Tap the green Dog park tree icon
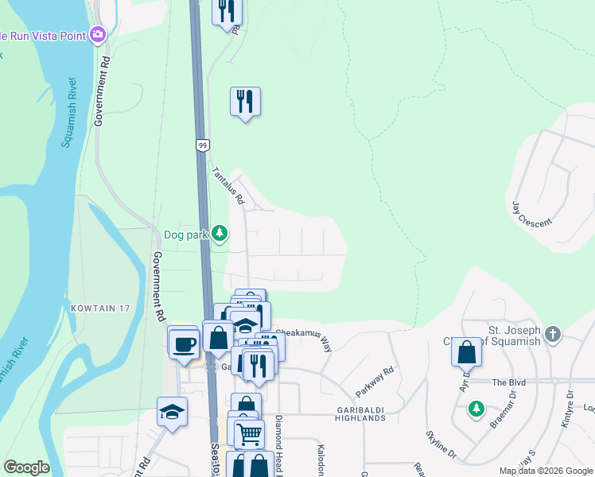[220, 234]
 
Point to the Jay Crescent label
[531, 213]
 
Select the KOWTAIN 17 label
[99, 307]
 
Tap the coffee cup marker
[183, 344]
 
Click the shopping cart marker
[250, 433]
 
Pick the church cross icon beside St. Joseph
[553, 335]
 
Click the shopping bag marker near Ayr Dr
[466, 351]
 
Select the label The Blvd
[509, 382]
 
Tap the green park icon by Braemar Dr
[476, 409]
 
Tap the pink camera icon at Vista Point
[98, 34]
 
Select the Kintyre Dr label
[568, 409]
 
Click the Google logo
[26, 467]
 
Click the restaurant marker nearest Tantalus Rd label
[245, 101]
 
